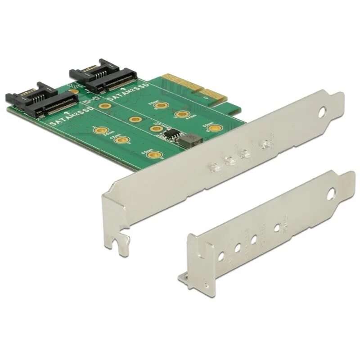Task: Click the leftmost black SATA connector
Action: click(40, 99)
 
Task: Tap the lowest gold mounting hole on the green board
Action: click(155, 155)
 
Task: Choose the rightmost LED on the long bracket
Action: click(265, 144)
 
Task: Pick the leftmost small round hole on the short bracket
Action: click(221, 256)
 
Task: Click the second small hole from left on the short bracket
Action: click(238, 247)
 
